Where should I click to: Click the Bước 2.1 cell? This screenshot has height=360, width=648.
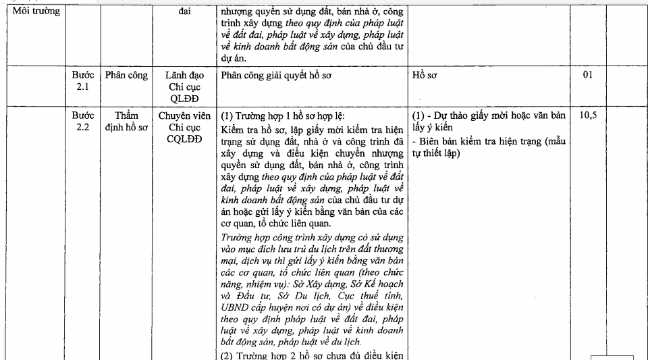(84, 80)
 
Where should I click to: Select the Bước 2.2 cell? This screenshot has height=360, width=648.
(84, 121)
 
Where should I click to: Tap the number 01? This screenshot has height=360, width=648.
(587, 75)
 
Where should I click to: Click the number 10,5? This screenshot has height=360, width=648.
(587, 115)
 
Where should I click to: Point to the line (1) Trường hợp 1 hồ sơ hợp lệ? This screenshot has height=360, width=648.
(274, 115)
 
